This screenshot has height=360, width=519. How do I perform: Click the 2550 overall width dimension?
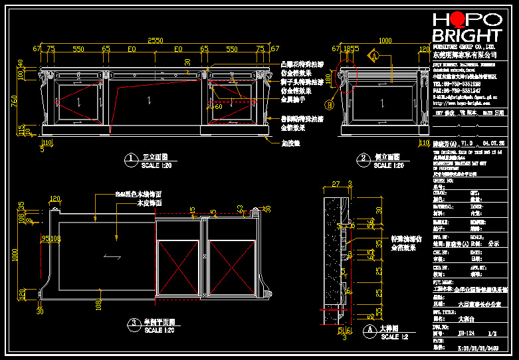pos(155,41)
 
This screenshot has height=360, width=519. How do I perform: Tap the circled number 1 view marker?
pos(132,159)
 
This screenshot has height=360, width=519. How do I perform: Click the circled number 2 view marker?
pos(363,159)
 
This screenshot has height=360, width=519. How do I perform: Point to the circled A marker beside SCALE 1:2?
pos(369,329)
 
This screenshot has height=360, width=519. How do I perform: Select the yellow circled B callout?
pos(329,104)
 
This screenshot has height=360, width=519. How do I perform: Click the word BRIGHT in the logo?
pos(467,35)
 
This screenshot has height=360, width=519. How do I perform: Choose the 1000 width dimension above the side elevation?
pos(385,41)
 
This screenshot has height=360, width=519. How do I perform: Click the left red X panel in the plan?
pos(179,261)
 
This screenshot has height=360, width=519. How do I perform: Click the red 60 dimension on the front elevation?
pos(219,106)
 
